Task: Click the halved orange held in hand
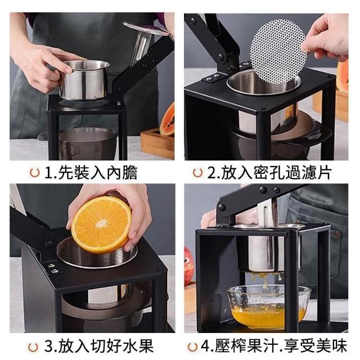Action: click(x=101, y=224)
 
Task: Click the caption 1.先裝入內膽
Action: click(x=91, y=173)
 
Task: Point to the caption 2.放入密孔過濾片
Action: click(x=269, y=173)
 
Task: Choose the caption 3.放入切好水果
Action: click(x=99, y=346)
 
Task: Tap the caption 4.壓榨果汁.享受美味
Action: click(x=274, y=346)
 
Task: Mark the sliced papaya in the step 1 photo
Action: click(x=167, y=120)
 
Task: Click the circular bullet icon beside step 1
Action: click(x=35, y=173)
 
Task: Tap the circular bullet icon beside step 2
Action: click(x=197, y=173)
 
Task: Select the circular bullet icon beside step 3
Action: click(x=33, y=347)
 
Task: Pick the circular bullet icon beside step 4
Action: click(x=192, y=347)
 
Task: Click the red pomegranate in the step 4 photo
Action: click(x=188, y=266)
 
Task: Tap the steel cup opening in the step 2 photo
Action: click(x=264, y=83)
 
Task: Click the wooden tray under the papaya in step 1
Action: click(x=157, y=143)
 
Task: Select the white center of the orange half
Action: click(x=102, y=223)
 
